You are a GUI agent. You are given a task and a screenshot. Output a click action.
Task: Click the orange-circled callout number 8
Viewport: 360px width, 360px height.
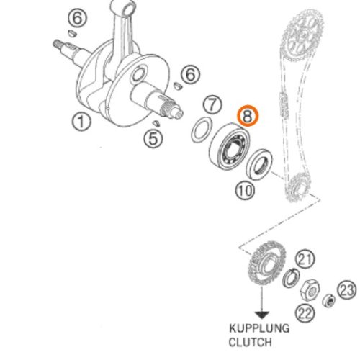point(248,116)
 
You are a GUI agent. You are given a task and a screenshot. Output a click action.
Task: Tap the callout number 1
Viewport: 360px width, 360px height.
point(81,122)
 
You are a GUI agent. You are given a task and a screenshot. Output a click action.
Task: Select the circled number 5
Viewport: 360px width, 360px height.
point(153,139)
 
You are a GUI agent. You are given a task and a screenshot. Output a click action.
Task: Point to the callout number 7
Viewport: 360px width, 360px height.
point(212,104)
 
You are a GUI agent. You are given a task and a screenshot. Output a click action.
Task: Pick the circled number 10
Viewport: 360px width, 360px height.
point(245,191)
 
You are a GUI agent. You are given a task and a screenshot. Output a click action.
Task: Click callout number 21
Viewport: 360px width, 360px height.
point(305,259)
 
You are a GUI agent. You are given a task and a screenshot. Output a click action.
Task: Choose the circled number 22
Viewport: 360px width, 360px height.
point(305,313)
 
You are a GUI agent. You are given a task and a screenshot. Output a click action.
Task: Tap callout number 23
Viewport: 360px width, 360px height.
point(347,289)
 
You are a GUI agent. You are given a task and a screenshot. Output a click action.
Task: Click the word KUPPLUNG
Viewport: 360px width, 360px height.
point(259,328)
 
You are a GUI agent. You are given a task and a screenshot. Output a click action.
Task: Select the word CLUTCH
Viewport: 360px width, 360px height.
point(251,342)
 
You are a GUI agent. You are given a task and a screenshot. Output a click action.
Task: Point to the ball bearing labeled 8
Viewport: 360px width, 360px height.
point(230,147)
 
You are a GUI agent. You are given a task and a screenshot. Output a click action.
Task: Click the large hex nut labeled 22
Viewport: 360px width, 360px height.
point(310,290)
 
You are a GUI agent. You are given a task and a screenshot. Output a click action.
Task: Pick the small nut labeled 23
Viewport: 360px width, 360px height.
point(329,300)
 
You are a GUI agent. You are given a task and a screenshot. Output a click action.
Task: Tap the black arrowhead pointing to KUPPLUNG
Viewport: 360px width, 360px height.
point(262,315)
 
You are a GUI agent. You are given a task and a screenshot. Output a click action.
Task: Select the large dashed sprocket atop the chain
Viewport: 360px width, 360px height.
point(302,36)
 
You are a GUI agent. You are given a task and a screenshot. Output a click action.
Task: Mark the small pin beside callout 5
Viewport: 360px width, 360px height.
point(156,123)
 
